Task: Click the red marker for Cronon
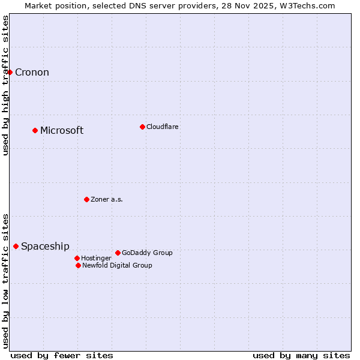pyautogui.click(x=10, y=72)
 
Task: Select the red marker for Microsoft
pyautogui.click(x=35, y=130)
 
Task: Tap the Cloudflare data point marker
pyautogui.click(x=142, y=127)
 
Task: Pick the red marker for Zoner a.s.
pyautogui.click(x=86, y=199)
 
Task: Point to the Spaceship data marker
pyautogui.click(x=16, y=246)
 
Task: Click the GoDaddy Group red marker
pyautogui.click(x=118, y=253)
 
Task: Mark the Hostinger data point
pyautogui.click(x=77, y=258)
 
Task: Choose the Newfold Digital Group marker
pyautogui.click(x=78, y=265)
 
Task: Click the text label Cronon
pyautogui.click(x=32, y=73)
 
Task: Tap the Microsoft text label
pyautogui.click(x=62, y=131)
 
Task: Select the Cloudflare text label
pyautogui.click(x=162, y=127)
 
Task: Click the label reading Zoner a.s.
pyautogui.click(x=107, y=199)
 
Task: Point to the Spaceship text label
pyautogui.click(x=45, y=247)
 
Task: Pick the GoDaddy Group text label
pyautogui.click(x=147, y=253)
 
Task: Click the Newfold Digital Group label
pyautogui.click(x=117, y=265)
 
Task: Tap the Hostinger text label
pyautogui.click(x=96, y=258)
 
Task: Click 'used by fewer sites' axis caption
pyautogui.click(x=62, y=355)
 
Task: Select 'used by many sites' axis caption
pyautogui.click(x=301, y=355)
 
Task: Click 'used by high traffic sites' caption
pyautogui.click(x=5, y=85)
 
